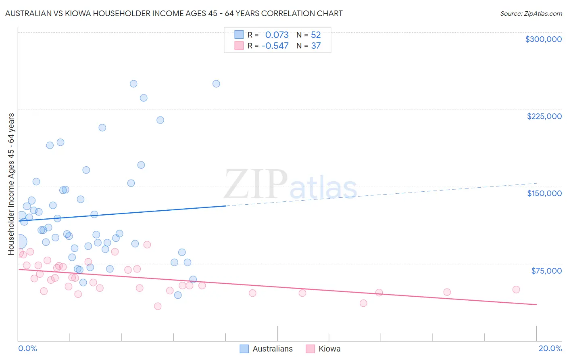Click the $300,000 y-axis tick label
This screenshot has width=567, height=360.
tap(543, 39)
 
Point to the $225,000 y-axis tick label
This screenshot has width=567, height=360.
tap(544, 116)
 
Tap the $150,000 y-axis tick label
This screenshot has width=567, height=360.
tap(544, 193)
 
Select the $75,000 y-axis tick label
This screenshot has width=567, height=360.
tap(546, 271)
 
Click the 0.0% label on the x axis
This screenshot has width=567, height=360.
tap(28, 348)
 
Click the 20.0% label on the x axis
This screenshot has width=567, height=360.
tap(550, 348)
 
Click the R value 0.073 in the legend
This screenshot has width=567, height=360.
tap(277, 35)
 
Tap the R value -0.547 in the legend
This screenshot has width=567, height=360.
tap(275, 46)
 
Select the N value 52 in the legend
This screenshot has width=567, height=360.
tap(316, 35)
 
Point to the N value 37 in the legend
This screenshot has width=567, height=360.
tap(316, 46)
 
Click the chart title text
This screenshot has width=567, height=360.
tap(174, 13)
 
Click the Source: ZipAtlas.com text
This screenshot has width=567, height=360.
tap(531, 14)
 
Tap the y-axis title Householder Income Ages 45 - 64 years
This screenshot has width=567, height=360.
tap(11, 184)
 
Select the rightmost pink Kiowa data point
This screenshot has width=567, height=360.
tap(516, 289)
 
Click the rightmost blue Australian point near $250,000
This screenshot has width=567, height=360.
tap(216, 84)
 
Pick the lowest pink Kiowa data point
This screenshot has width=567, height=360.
tap(158, 306)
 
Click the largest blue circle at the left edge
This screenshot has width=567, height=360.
tap(19, 242)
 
